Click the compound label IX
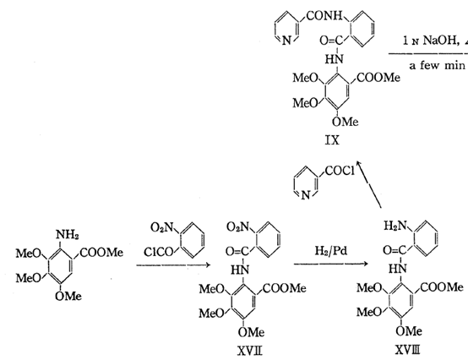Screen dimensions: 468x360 (x=332, y=139)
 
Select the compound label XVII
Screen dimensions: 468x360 (x=250, y=351)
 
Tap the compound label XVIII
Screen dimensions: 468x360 (x=408, y=350)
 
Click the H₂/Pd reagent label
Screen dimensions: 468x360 (x=331, y=251)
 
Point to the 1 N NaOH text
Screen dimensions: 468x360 (x=430, y=41)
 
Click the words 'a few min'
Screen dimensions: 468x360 (x=437, y=65)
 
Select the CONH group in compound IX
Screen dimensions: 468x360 (x=324, y=15)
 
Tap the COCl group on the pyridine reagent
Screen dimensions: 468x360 (x=340, y=171)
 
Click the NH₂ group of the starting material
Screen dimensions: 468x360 (x=68, y=235)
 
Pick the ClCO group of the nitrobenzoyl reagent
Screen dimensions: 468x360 (x=159, y=252)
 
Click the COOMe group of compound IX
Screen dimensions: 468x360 (x=378, y=78)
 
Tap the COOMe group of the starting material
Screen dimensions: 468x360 (x=101, y=253)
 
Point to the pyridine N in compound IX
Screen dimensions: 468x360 (x=286, y=41)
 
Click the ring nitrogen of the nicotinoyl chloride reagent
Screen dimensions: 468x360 (x=305, y=195)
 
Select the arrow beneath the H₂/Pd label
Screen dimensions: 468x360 (x=330, y=264)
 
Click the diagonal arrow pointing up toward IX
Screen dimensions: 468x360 (x=369, y=184)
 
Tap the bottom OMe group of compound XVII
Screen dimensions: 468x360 (x=251, y=332)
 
